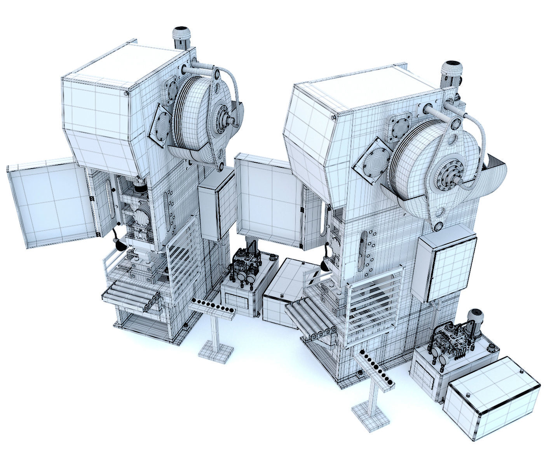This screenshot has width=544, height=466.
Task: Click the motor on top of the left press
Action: click(x=180, y=37)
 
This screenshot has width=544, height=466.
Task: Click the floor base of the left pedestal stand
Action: click(x=216, y=351)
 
